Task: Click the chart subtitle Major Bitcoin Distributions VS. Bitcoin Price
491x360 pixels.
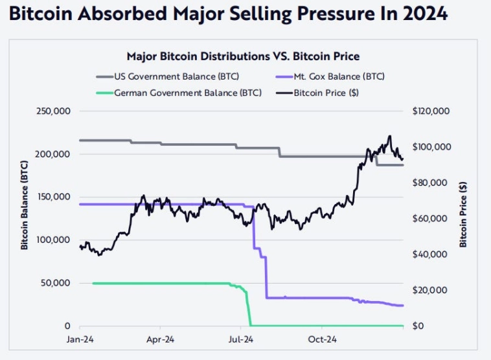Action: [x=243, y=56]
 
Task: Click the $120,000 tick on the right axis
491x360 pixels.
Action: [x=430, y=111]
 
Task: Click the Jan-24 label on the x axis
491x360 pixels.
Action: [x=80, y=339]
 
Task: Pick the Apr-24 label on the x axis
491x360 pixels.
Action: [x=160, y=339]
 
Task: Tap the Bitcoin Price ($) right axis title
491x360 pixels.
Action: [x=463, y=214]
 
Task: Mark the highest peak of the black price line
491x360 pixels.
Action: [x=389, y=136]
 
